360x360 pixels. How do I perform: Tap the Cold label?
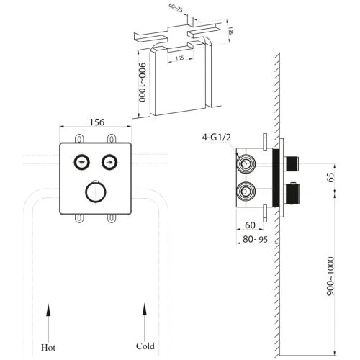[x=145, y=346]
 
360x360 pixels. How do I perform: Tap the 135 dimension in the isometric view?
[x=232, y=33]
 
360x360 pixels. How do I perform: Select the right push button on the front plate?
[x=109, y=161]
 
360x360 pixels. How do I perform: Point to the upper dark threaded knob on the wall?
[x=292, y=163]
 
